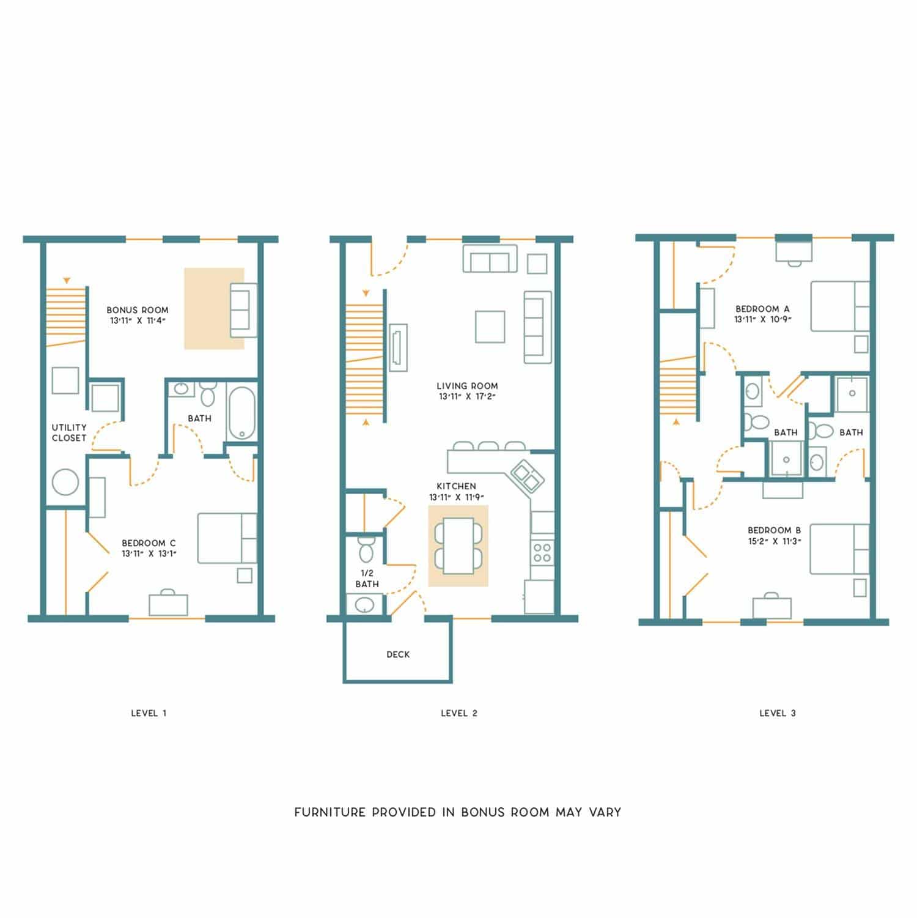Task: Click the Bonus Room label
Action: click(x=137, y=310)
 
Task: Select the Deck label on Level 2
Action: click(x=398, y=654)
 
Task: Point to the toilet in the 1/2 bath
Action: click(x=366, y=550)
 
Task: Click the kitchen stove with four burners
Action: click(x=542, y=552)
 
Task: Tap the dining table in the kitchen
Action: click(x=458, y=546)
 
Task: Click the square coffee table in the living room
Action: click(x=490, y=327)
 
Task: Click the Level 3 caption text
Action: click(x=778, y=713)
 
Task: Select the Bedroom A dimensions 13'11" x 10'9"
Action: click(x=763, y=319)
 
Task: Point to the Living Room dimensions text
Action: click(x=467, y=396)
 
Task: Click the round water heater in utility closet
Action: click(x=65, y=483)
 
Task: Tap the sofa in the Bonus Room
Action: click(x=243, y=310)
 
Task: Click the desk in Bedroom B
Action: click(x=772, y=607)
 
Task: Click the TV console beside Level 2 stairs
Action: click(x=397, y=347)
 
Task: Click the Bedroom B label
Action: click(x=774, y=530)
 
